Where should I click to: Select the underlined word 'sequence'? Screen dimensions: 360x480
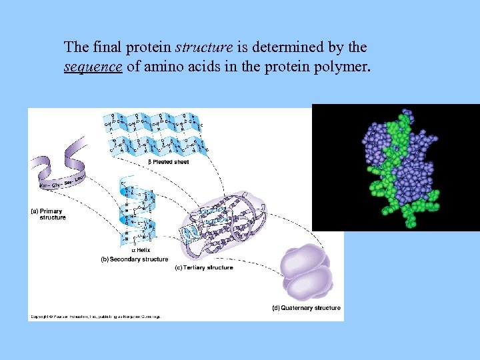click(x=93, y=67)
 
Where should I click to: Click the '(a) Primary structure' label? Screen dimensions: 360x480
click(x=49, y=214)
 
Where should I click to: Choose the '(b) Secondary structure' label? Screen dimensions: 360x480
click(x=134, y=259)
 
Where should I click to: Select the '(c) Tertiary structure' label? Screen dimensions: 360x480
click(x=203, y=268)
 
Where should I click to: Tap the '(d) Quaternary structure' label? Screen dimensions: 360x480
click(x=306, y=308)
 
